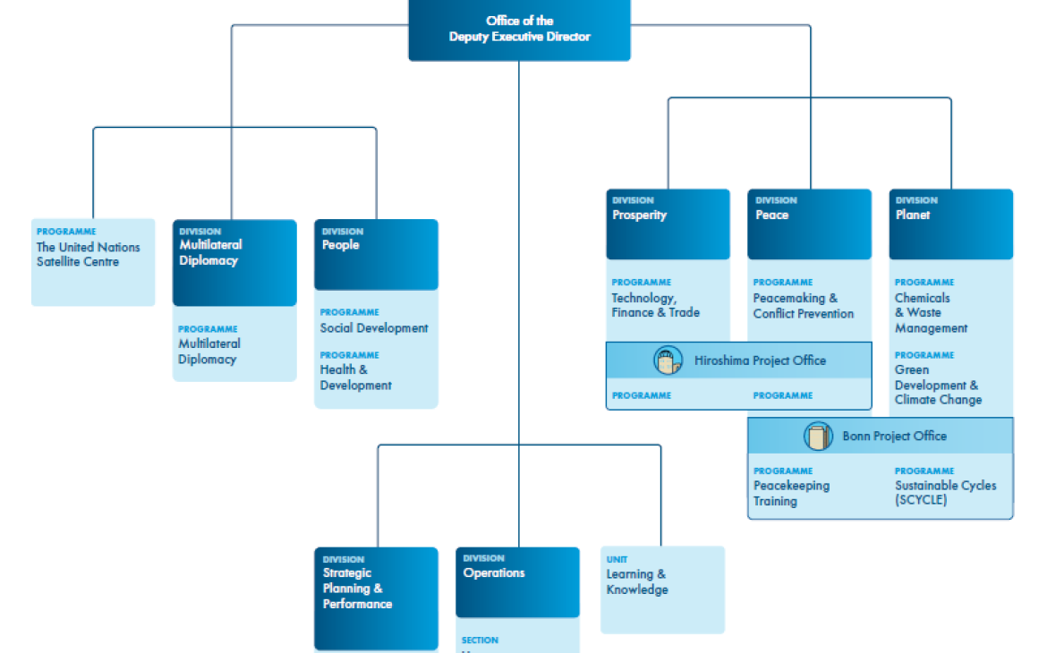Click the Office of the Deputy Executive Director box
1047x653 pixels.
point(519,30)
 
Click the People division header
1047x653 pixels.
point(376,253)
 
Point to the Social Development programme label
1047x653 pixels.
point(374,328)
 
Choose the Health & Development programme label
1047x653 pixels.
point(356,377)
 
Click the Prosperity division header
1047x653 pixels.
point(668,224)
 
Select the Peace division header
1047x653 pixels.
point(809,224)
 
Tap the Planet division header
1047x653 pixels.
point(950,224)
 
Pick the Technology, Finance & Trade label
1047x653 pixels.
point(656,305)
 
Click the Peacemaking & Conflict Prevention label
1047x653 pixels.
point(804,306)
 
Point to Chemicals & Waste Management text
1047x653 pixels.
point(931,313)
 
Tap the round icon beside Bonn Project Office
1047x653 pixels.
point(818,437)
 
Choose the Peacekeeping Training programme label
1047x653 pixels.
point(791,494)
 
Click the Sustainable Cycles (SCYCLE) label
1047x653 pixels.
point(945,494)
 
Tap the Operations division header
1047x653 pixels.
point(517,581)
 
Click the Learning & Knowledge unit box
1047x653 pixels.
point(662,589)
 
